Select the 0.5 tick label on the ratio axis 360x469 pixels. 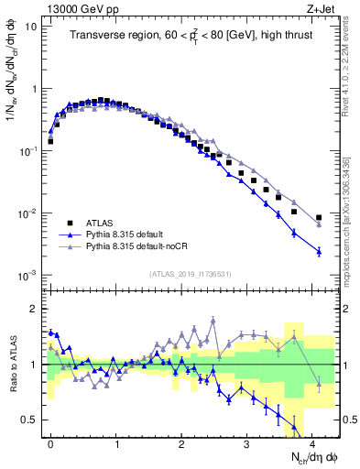[31, 420]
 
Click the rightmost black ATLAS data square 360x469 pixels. [319, 218]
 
